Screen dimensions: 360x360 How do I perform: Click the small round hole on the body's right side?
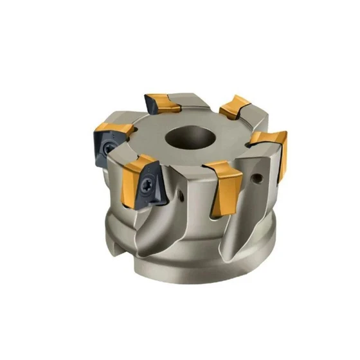[261, 174]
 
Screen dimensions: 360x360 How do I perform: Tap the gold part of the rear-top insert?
[172, 102]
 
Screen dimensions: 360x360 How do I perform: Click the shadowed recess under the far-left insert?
[113, 177]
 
